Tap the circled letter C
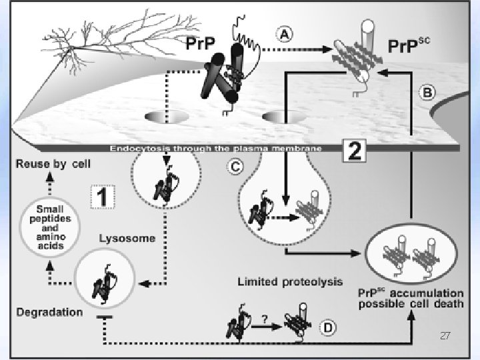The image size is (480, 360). [235, 168]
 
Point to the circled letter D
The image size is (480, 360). [327, 327]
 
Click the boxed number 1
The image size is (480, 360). [103, 196]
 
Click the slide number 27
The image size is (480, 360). [445, 337]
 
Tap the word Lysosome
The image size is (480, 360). [127, 238]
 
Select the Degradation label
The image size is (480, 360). [51, 311]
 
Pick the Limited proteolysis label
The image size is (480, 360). [290, 281]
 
